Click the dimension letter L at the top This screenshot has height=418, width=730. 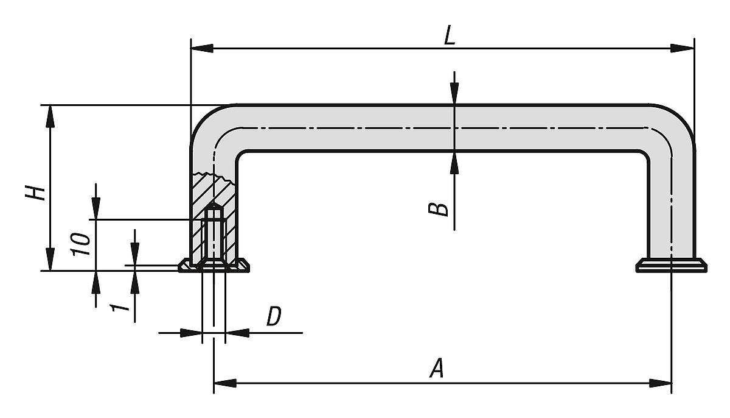[x=449, y=36]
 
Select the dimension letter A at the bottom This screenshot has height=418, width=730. [x=436, y=369]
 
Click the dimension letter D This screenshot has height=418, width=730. [x=274, y=317]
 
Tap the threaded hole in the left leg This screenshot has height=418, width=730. [x=213, y=235]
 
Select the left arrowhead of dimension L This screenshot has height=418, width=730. [x=201, y=48]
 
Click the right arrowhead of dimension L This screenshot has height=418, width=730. [x=684, y=48]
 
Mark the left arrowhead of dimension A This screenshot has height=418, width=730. [x=224, y=383]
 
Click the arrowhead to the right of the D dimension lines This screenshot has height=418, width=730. [x=237, y=333]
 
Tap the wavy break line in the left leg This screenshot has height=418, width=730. [x=213, y=177]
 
